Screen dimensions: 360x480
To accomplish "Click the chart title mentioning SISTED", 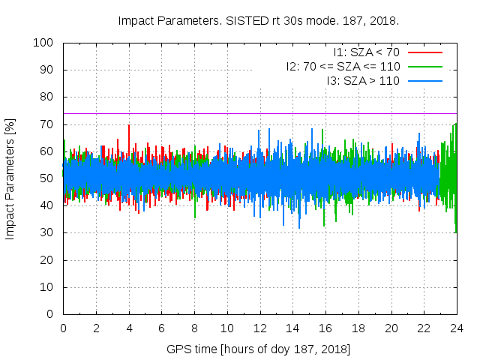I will pos(258,20).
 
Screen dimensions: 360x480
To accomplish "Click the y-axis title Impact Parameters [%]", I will pos(10,178).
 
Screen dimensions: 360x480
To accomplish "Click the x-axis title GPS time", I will pos(259,349).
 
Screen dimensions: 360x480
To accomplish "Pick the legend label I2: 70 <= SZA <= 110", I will pos(343,67).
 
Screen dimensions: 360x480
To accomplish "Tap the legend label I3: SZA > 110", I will pos(363,80).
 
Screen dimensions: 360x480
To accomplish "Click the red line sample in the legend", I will pos(424,52).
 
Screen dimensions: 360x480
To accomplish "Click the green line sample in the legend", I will pos(424,67).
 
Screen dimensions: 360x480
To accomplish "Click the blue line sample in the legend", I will pos(424,80).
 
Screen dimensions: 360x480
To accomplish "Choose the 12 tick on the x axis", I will pos(259,328).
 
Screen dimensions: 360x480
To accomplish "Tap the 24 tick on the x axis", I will pos(456,328).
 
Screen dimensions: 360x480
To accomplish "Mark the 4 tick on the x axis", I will pos(129,328).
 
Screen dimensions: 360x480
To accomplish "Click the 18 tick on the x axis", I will pos(358,328).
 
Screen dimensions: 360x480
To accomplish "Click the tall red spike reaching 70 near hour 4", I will pos(129,126).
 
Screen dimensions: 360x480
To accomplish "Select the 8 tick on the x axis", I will pos(194,328).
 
